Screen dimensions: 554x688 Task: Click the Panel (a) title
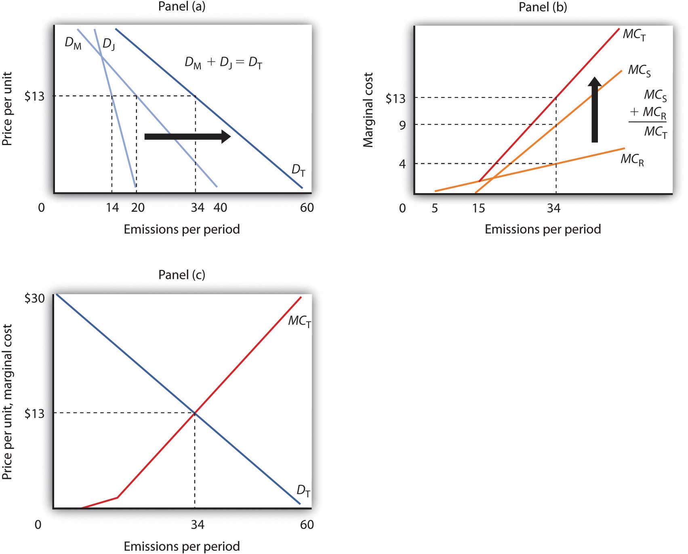(182, 7)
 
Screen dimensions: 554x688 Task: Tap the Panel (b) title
(543, 7)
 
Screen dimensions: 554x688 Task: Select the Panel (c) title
(182, 275)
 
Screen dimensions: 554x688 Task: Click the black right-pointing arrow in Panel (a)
(187, 137)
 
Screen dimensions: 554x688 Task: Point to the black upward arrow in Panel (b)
(594, 110)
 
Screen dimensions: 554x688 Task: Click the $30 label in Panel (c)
(34, 298)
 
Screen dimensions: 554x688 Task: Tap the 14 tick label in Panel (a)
(112, 208)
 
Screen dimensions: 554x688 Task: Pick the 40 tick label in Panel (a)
(220, 208)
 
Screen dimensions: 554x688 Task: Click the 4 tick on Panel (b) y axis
(402, 164)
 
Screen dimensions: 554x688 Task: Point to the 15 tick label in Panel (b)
(478, 208)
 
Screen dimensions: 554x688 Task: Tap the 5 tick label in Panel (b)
(435, 208)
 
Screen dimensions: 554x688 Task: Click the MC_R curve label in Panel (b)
(632, 160)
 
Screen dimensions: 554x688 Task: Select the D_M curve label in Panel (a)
(73, 43)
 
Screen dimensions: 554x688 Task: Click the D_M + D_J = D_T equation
(223, 63)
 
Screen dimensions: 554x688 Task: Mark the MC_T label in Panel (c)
(299, 322)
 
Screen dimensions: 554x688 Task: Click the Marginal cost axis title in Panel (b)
(368, 110)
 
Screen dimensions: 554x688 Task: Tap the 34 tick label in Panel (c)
(197, 525)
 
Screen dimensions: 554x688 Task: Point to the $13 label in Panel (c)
(34, 413)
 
